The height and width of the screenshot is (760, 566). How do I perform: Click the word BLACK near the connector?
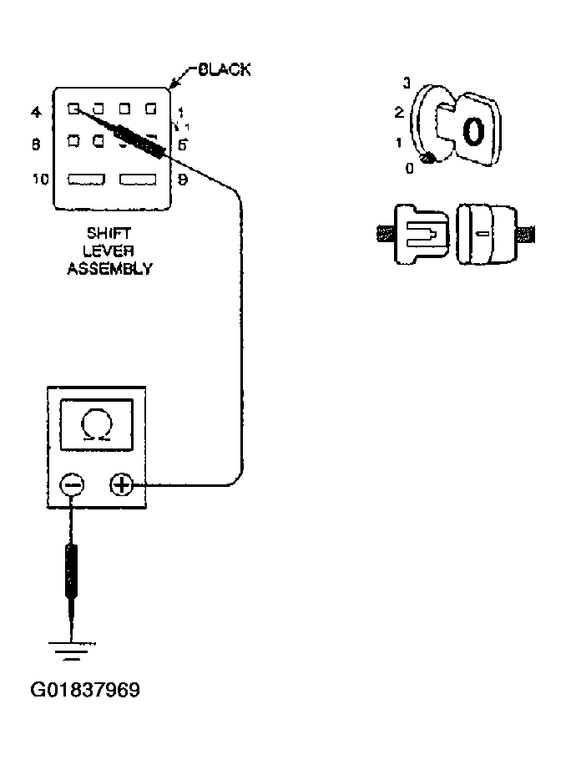220,70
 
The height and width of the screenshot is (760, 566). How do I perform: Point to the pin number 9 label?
183,179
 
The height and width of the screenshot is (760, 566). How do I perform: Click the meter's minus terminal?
73,484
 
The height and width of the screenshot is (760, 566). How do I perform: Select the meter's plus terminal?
122,484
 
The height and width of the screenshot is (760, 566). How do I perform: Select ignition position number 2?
399,112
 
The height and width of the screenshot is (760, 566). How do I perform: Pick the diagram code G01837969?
85,691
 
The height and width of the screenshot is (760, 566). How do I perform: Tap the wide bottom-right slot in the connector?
139,179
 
